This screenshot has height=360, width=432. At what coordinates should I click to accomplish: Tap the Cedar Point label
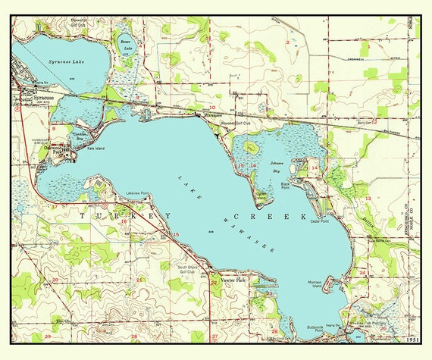(318, 221)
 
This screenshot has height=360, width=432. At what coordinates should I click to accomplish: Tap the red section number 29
(47, 335)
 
